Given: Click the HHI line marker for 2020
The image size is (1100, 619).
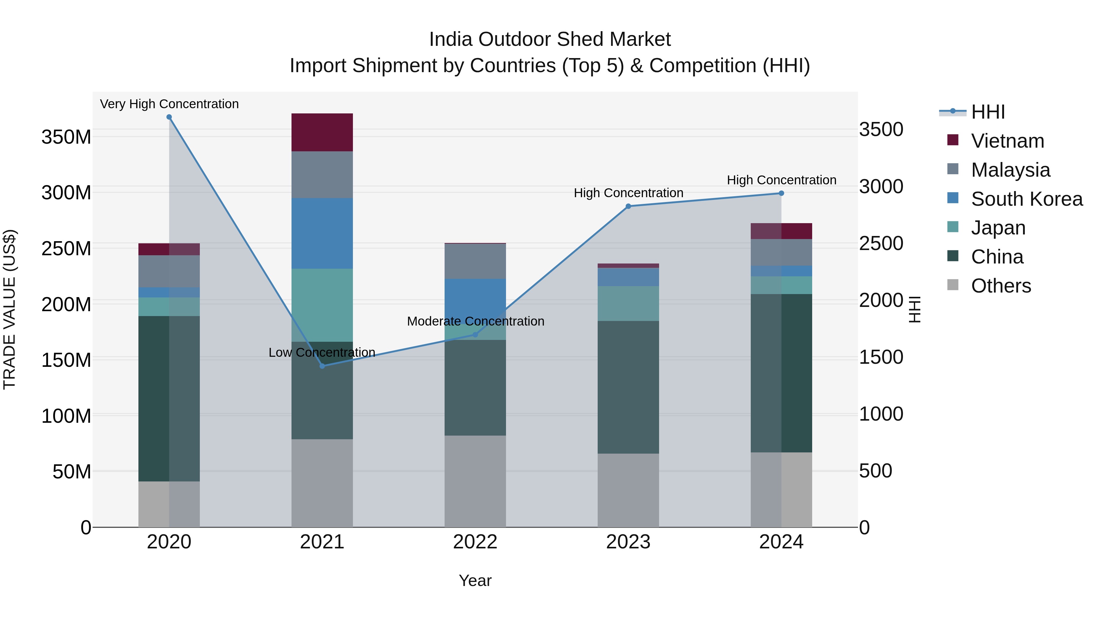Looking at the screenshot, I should (169, 117).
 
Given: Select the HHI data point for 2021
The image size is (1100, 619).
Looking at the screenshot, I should (322, 366).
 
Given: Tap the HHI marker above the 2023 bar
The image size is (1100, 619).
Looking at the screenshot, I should (628, 206).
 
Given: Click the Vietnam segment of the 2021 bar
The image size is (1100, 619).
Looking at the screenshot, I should (322, 132).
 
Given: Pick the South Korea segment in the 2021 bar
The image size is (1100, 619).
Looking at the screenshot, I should (322, 233).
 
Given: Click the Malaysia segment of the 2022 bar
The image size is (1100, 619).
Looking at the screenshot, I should (475, 261).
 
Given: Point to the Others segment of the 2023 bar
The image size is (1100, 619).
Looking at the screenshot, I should (628, 490).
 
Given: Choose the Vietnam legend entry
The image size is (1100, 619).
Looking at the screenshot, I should (1007, 141).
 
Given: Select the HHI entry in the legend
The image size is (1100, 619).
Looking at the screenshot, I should (987, 112).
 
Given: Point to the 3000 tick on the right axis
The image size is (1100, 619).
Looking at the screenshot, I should (881, 187).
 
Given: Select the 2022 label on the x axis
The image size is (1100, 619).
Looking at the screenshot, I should (475, 542).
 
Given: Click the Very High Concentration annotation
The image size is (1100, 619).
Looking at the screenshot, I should (169, 104).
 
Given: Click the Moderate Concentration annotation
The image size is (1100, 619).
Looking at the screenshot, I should (475, 321).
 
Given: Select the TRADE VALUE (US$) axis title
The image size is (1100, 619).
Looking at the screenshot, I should (9, 309).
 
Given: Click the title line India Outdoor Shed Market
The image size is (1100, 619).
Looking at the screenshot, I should (550, 39).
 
